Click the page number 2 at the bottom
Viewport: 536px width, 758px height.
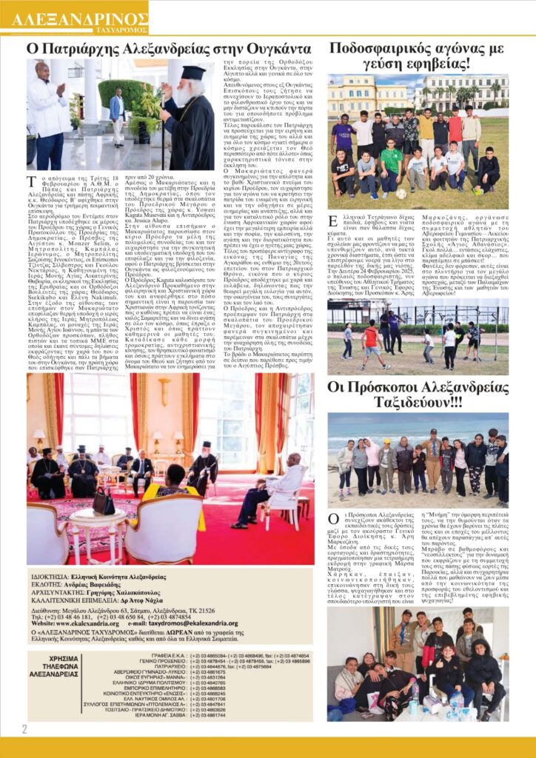(24, 728)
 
